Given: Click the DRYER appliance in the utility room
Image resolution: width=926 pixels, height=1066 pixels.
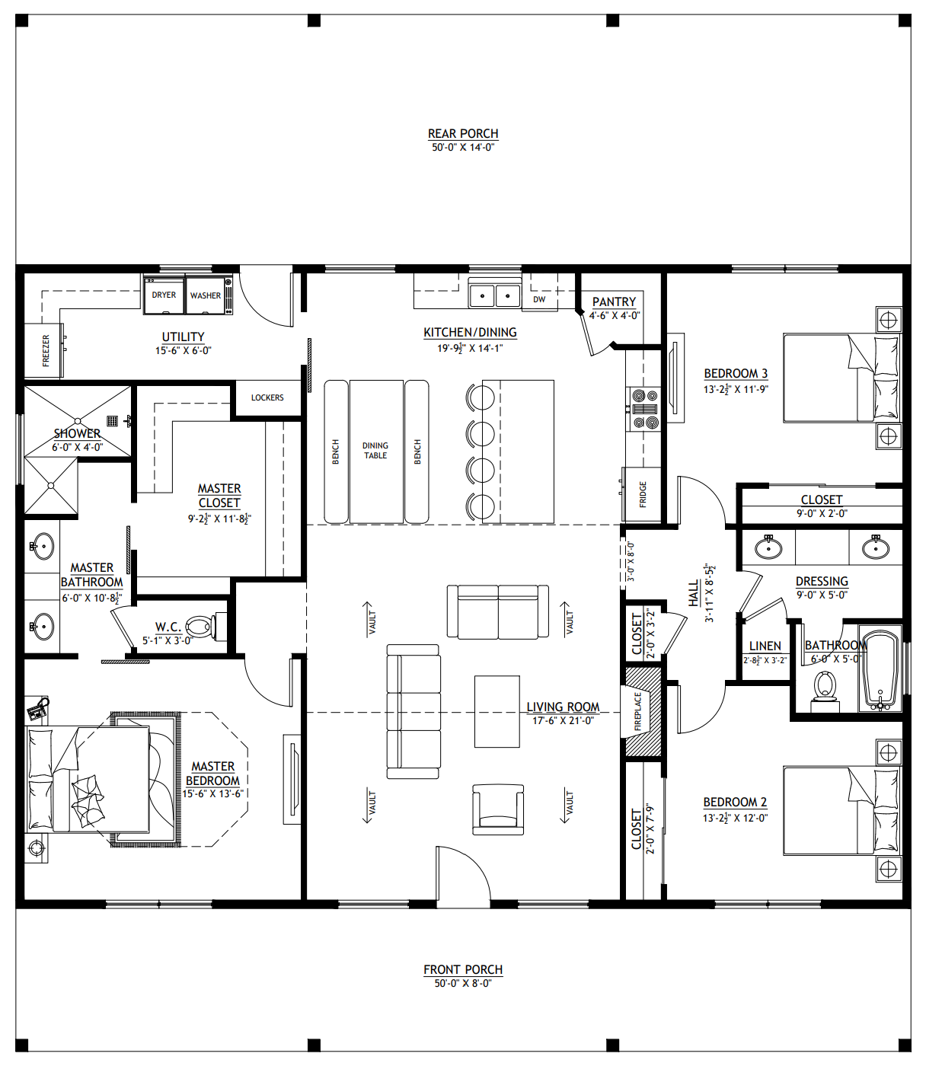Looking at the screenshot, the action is [164, 295].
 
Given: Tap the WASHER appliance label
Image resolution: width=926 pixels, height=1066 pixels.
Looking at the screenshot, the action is [206, 295].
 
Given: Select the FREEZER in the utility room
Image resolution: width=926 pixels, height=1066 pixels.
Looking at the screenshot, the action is [45, 350].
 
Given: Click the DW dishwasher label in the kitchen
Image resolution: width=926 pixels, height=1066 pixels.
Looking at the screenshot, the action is [539, 299].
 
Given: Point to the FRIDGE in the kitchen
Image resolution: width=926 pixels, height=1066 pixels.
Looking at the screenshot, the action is [643, 494].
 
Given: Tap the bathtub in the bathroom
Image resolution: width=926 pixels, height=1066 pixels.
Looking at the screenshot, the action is [880, 670].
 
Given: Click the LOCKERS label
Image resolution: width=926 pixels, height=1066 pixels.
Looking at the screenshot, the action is [267, 397].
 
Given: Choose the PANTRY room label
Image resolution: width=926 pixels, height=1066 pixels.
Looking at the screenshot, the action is [614, 302].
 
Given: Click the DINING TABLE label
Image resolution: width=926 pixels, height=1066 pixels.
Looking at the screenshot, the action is [375, 450].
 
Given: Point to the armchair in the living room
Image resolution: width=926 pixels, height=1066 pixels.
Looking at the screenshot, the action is [498, 809].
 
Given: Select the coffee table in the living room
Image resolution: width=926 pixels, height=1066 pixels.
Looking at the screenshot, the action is [497, 712].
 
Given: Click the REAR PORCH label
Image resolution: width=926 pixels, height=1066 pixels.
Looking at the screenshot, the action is [463, 133].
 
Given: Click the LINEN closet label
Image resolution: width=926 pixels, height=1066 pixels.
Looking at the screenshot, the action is [765, 646].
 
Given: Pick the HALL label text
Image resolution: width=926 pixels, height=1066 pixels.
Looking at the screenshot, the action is [694, 593].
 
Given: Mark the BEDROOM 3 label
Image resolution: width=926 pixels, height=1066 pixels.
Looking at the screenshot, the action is [736, 374].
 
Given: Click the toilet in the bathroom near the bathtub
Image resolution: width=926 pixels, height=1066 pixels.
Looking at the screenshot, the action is [825, 691].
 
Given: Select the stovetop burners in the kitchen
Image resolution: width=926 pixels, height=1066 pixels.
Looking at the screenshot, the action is [645, 409].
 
